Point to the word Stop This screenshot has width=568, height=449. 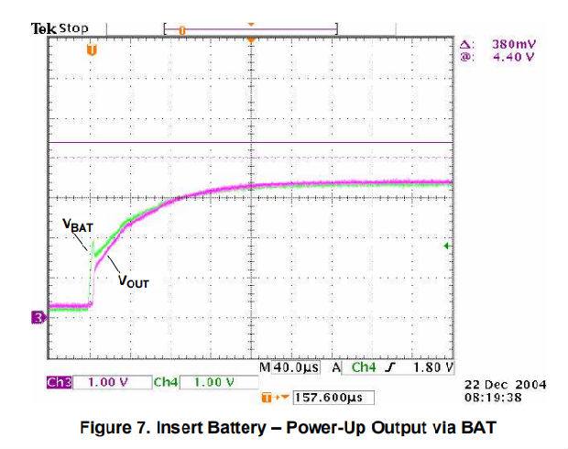(74, 27)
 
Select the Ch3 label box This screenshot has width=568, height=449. (59, 381)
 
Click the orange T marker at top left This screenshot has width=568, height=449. (90, 49)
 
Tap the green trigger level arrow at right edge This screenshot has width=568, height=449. (447, 246)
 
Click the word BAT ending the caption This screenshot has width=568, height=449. (479, 426)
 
